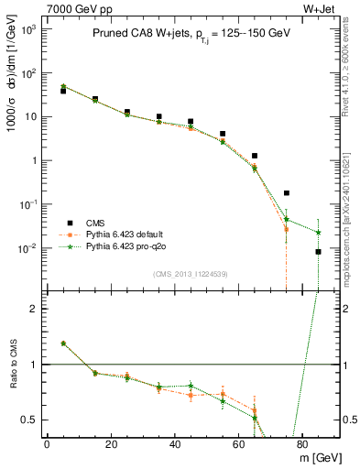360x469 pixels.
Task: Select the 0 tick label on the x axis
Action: tap(47, 442)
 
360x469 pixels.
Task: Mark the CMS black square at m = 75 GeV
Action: tap(287, 193)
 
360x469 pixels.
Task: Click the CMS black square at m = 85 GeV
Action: tap(318, 252)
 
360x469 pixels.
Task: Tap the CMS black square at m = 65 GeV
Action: tap(255, 156)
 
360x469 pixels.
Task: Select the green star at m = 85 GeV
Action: tap(318, 233)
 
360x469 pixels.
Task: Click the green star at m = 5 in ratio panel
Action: tap(63, 344)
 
